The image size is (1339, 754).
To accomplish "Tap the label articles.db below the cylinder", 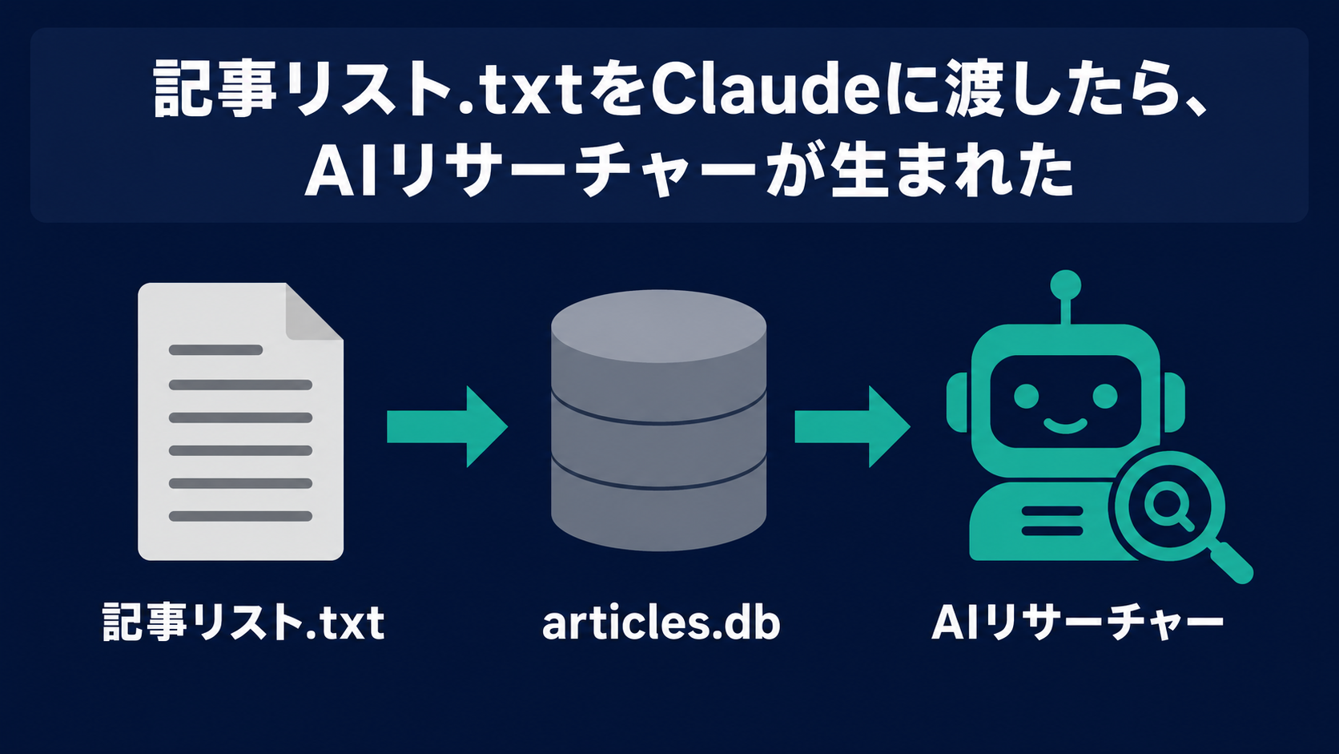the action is [x=661, y=623].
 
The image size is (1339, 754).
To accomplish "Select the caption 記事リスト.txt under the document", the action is [x=243, y=622].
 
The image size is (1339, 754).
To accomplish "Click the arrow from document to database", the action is [x=447, y=426].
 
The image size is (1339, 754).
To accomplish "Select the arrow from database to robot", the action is [x=852, y=426].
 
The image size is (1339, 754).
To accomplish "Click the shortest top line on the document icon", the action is [x=215, y=350].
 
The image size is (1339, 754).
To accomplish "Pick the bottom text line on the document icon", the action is [x=240, y=516].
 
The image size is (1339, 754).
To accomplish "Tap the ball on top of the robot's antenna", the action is [x=1065, y=284].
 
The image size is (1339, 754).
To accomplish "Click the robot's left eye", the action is [x=1027, y=396].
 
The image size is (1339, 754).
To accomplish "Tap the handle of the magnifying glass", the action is [x=1231, y=562].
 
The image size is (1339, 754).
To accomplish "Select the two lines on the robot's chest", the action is [x=1052, y=521].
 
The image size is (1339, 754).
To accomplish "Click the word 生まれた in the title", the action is [x=951, y=170].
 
